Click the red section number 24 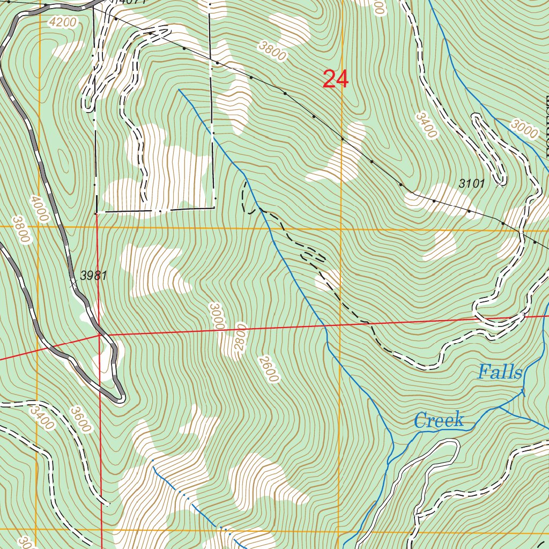336,79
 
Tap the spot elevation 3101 472,184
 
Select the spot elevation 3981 94,276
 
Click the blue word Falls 500,372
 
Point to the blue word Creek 439,420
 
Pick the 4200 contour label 62,23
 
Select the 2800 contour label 240,337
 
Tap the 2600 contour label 268,369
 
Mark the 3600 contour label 80,419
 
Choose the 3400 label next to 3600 42,418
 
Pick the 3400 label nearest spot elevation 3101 427,125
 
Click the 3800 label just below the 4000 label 20,229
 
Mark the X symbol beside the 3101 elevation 500,183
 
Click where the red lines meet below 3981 100,336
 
